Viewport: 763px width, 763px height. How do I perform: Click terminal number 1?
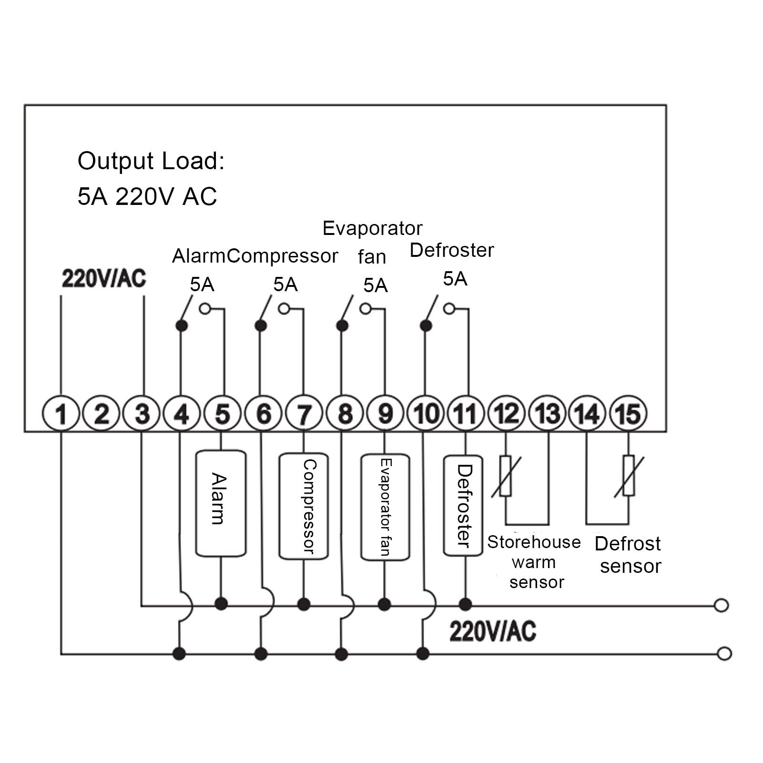point(61,414)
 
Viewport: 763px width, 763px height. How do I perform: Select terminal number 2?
point(101,414)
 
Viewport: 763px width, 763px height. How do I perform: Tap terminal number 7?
point(304,414)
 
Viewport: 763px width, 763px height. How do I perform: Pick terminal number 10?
point(426,414)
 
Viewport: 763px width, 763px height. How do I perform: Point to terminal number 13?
point(547,414)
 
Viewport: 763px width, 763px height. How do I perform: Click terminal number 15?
point(628,414)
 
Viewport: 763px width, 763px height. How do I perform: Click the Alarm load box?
point(221,503)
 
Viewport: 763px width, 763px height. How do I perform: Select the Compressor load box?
point(304,506)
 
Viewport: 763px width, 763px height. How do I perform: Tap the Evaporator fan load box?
point(385,507)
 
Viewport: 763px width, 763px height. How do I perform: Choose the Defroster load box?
point(463,506)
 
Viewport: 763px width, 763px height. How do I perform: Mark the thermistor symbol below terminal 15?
point(629,477)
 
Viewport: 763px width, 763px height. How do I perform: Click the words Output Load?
point(151,161)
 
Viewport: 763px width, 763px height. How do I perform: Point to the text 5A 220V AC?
point(147,196)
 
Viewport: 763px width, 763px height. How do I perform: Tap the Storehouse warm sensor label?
point(534,562)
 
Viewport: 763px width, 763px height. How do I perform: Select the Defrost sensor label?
point(628,555)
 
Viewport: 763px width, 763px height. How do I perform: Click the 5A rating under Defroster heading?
point(455,279)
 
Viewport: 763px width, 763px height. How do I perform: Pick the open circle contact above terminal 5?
point(205,309)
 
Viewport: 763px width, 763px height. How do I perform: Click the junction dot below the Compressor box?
point(304,604)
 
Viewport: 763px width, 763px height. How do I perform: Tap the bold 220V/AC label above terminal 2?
point(104,279)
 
